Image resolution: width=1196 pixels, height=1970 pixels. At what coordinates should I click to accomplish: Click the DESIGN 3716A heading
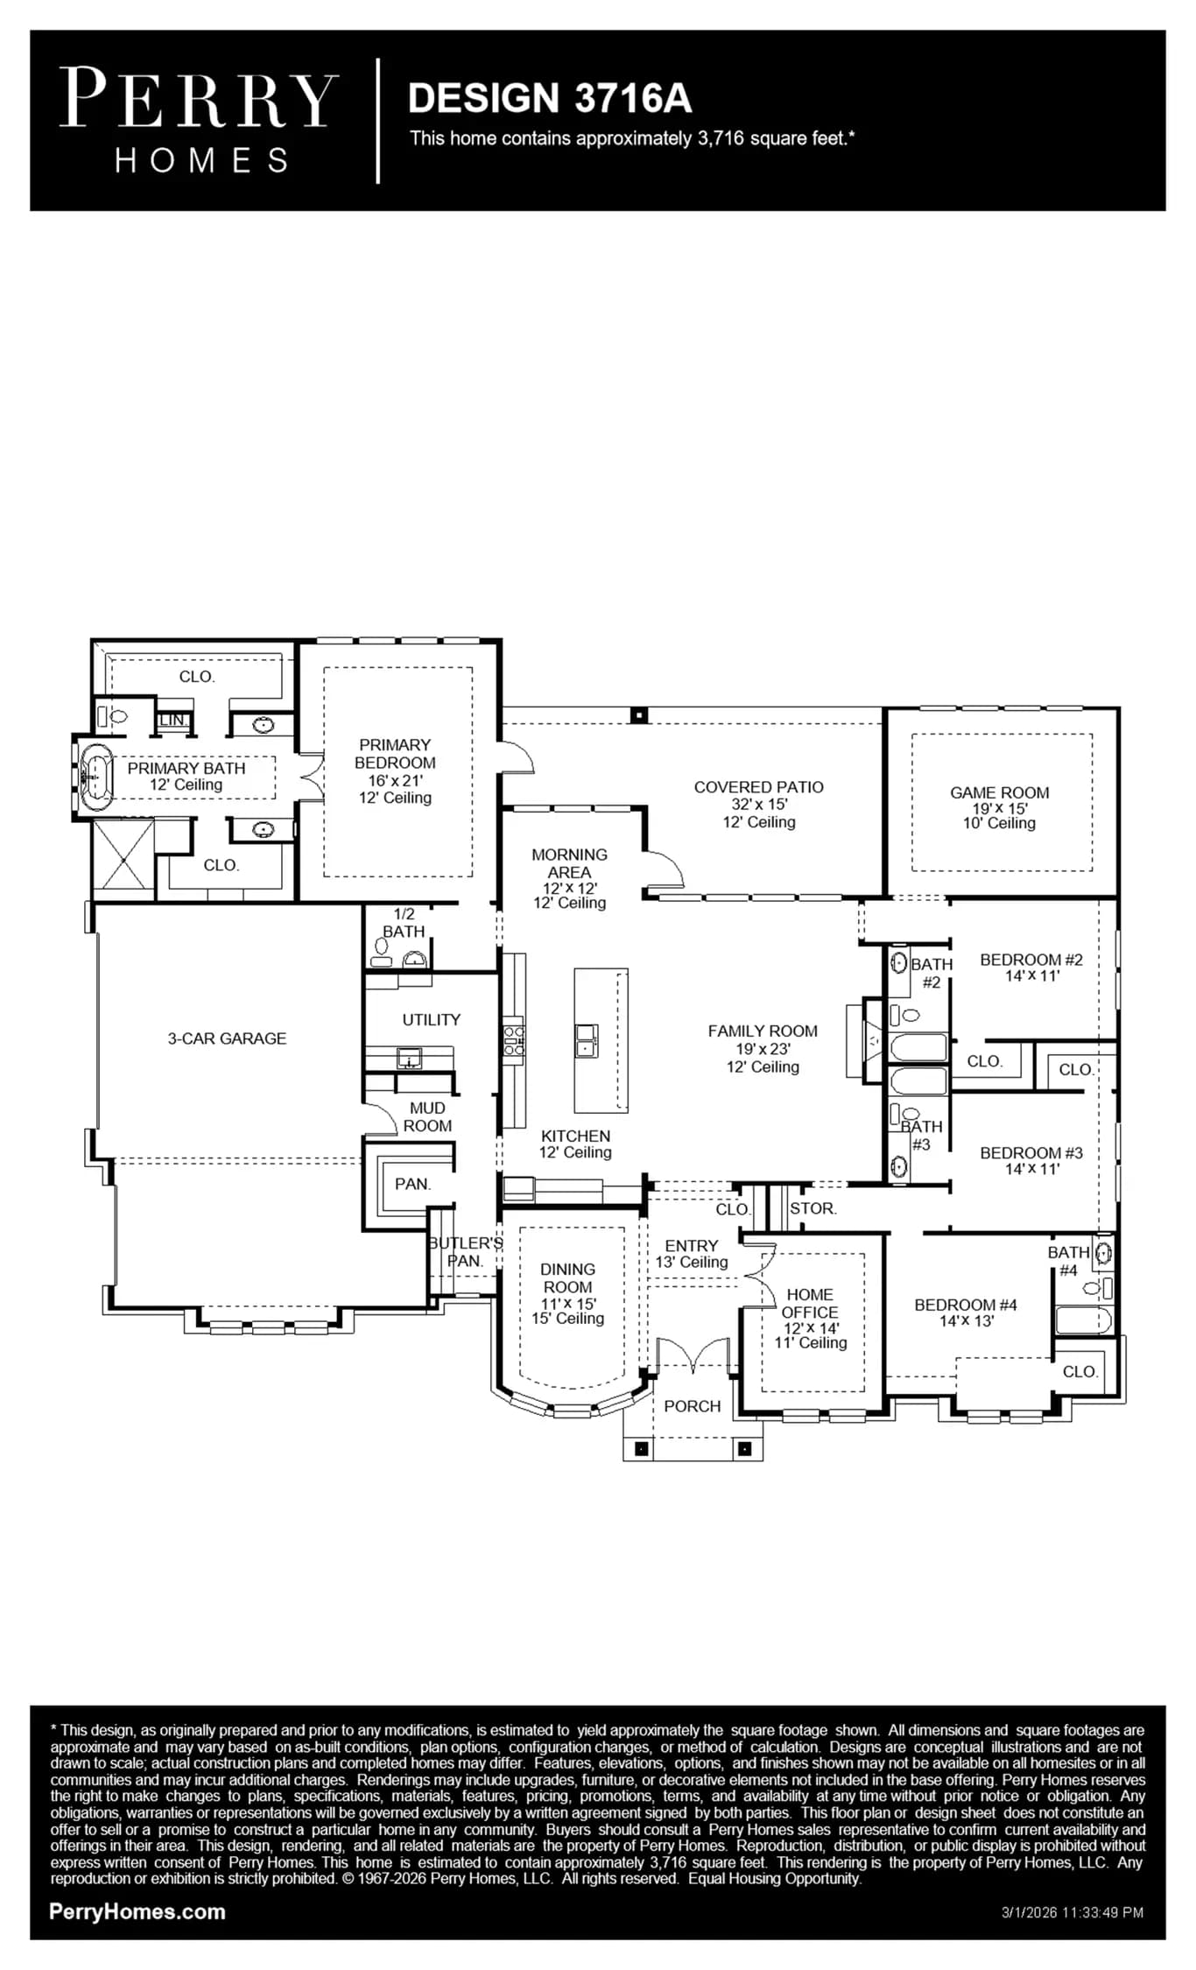coord(550,98)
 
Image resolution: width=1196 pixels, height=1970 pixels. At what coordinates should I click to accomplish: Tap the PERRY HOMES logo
coord(199,121)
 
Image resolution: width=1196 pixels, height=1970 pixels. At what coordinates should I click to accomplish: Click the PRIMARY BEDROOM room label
coord(395,754)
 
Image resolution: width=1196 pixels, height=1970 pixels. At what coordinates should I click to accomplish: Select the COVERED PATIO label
coord(759,787)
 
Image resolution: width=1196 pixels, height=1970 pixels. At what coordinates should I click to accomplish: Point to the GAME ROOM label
coord(1000,792)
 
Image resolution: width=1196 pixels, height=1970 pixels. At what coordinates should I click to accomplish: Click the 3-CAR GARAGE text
coord(228,1038)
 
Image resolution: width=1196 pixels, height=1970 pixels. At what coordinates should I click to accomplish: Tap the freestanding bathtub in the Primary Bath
coord(95,774)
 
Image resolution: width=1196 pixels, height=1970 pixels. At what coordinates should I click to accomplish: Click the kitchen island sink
coord(587,1040)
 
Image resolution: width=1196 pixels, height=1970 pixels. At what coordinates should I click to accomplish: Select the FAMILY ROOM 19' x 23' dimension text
coord(763,1049)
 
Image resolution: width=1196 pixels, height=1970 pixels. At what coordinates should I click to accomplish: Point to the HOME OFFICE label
coord(810,1303)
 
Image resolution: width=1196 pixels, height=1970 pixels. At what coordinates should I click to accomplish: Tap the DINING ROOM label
coord(567,1277)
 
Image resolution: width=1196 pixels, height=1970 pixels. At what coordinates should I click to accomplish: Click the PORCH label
coord(693,1406)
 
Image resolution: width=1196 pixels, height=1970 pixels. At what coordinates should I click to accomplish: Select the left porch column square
coord(642,1449)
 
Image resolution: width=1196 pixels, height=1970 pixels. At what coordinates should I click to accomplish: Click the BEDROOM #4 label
coord(966,1305)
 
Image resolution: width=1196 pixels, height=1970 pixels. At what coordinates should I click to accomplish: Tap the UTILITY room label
coord(432,1020)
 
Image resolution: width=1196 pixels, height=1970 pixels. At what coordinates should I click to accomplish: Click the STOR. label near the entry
coord(813,1208)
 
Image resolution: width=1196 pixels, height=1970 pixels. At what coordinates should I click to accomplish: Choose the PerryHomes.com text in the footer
coord(137,1911)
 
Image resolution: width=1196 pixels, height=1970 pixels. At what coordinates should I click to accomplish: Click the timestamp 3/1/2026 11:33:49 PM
coord(1073,1912)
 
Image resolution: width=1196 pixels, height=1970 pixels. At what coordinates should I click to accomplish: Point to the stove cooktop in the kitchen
coord(514,1039)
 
